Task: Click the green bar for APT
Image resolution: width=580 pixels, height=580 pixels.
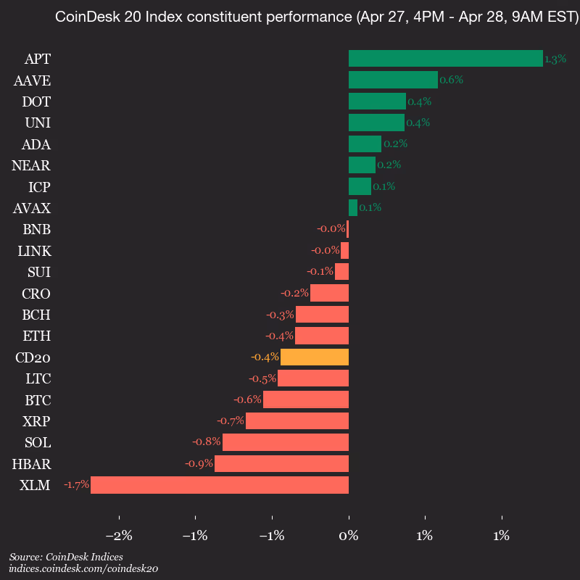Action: (445, 58)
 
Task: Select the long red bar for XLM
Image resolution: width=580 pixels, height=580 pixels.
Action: (220, 485)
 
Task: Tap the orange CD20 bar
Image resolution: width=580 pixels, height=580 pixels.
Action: (315, 357)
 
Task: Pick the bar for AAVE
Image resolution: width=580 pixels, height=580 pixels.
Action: (393, 80)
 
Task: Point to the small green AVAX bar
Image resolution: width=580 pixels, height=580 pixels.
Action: (353, 208)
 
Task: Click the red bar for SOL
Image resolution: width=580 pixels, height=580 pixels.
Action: (286, 442)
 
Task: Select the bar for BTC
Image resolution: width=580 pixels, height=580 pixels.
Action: (306, 399)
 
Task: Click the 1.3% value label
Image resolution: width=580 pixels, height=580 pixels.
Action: (555, 59)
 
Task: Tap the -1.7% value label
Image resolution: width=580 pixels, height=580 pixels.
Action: (76, 485)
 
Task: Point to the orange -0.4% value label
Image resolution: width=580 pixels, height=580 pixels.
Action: (265, 357)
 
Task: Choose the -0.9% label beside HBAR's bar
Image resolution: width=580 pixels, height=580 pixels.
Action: (199, 464)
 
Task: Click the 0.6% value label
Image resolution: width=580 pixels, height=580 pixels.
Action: (451, 80)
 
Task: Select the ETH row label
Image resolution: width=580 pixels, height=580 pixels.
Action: (37, 336)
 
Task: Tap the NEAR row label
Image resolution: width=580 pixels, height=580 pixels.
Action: (32, 165)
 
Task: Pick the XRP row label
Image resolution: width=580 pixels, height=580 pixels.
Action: (36, 421)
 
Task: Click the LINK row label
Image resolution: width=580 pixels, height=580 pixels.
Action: (34, 251)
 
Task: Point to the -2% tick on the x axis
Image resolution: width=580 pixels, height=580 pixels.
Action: (119, 536)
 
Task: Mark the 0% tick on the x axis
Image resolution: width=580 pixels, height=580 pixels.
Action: (349, 536)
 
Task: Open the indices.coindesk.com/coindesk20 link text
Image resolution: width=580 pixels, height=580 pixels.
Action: (83, 569)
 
